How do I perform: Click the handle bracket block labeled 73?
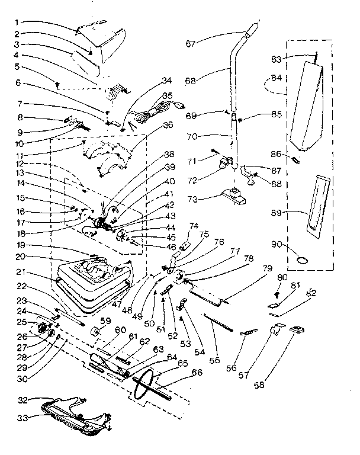[233, 196]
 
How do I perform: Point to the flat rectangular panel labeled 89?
[315, 203]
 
